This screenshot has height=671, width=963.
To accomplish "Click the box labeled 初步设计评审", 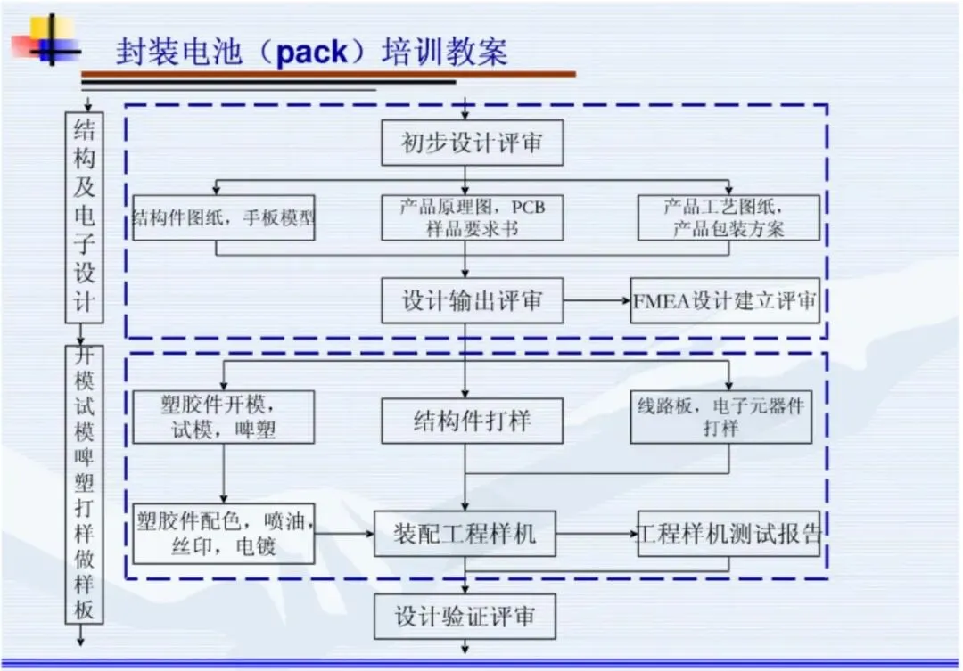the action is point(472,143).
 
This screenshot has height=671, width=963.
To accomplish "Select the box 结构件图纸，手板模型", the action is point(224,217).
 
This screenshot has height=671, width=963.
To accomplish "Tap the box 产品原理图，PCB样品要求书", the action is point(472,217).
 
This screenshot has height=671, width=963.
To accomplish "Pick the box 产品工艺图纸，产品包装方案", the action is point(728,217).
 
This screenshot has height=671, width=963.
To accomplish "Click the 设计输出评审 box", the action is point(472,300).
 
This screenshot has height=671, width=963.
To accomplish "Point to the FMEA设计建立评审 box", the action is point(725,300).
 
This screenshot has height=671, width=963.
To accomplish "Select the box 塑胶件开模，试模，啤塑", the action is point(224,417).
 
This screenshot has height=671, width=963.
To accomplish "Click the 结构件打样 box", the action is point(472,421).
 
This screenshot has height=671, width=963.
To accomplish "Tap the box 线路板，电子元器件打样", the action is point(721,417).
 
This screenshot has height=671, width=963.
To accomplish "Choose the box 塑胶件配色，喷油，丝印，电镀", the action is point(224,534).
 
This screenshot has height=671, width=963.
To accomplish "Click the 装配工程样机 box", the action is point(465,534).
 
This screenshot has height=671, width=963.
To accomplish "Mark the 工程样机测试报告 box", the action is point(728,534).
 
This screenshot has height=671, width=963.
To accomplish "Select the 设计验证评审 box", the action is point(465,617).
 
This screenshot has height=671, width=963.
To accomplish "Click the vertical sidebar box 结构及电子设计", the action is point(84,217).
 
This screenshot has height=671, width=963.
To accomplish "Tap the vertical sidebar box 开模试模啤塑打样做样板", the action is point(84,485).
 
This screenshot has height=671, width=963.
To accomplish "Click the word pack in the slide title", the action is point(312,52).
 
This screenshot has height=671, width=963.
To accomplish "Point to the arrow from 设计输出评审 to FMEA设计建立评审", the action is point(597,301).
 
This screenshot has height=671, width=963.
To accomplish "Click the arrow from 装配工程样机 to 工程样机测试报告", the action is point(597,534).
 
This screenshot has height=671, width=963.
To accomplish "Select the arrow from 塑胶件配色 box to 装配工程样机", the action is point(344,534).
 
